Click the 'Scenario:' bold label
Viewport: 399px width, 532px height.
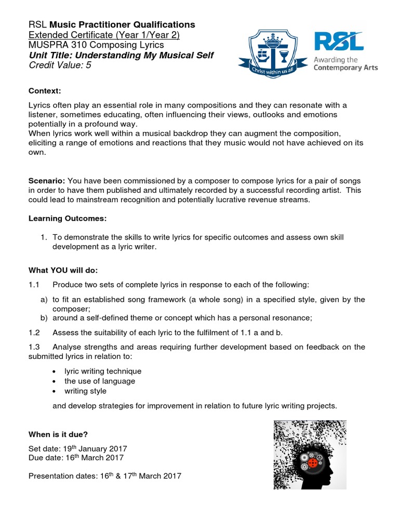[x=47, y=181]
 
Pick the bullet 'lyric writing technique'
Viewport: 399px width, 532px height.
[x=103, y=371]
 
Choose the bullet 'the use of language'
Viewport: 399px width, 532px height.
[x=100, y=381]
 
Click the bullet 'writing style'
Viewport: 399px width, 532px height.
[x=86, y=391]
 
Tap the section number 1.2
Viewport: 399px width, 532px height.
[x=34, y=333]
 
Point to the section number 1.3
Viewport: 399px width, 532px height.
[x=34, y=347]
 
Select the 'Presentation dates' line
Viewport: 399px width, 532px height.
[x=104, y=475]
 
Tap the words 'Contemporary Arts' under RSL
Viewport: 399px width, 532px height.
[x=345, y=68]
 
